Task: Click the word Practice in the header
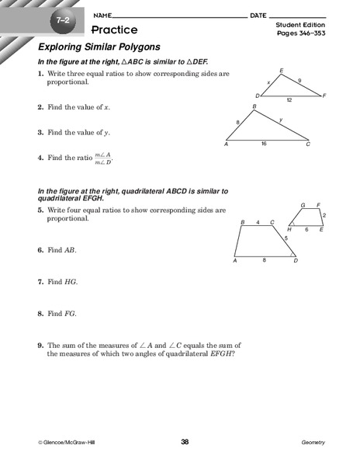(114, 30)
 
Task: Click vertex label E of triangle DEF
(281, 71)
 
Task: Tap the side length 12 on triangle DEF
(289, 101)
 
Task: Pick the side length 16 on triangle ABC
(263, 144)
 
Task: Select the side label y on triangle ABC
(280, 120)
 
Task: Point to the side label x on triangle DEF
(268, 82)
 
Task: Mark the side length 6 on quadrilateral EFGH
(306, 231)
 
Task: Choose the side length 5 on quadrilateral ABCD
(286, 238)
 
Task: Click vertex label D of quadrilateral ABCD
(295, 261)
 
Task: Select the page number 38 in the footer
(185, 442)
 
